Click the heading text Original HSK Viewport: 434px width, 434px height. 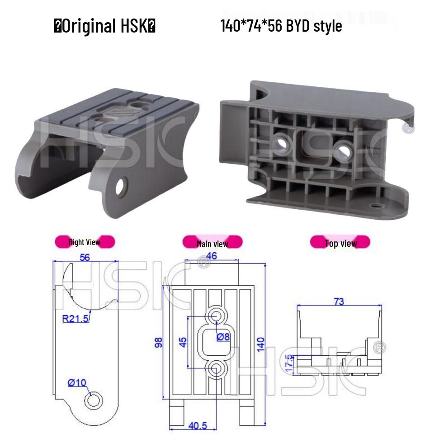(x=105, y=26)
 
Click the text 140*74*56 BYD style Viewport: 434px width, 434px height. (x=281, y=26)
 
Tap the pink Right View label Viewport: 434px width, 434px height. (x=85, y=242)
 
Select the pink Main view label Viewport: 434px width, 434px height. (x=212, y=244)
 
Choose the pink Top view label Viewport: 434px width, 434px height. (x=340, y=243)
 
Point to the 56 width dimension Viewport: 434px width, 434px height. (x=85, y=257)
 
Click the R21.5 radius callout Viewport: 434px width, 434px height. (x=75, y=319)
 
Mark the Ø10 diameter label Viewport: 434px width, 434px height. (x=77, y=383)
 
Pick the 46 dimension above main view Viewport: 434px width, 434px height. (x=212, y=256)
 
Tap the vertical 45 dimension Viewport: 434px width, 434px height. (x=183, y=342)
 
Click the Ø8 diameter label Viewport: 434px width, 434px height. (x=223, y=337)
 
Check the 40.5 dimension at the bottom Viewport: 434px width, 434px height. (x=198, y=426)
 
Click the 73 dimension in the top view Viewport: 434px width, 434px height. (x=339, y=302)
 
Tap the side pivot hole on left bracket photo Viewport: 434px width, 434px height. (x=121, y=187)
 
